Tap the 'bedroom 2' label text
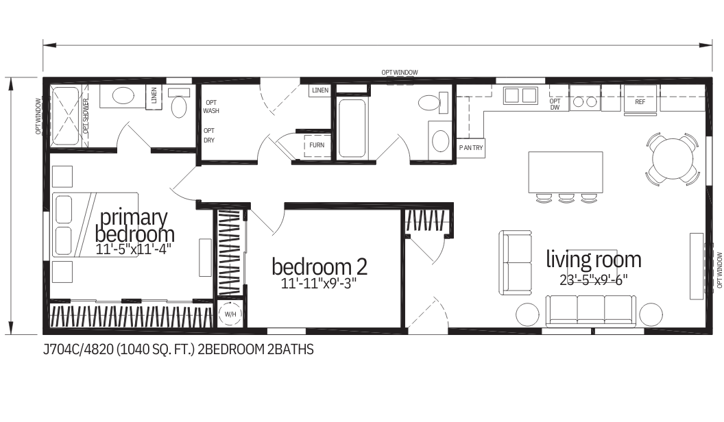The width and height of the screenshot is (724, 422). click(x=319, y=266)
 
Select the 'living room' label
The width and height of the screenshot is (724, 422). click(x=593, y=260)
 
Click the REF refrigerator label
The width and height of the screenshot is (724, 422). click(x=640, y=102)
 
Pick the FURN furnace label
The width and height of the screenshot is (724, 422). click(x=317, y=145)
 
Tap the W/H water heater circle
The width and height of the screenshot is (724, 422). click(x=229, y=314)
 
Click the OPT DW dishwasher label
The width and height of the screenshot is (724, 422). click(x=555, y=103)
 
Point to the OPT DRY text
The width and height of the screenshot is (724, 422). click(x=210, y=135)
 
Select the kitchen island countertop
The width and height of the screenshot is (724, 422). click(x=565, y=172)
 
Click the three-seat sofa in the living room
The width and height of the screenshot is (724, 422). click(x=590, y=310)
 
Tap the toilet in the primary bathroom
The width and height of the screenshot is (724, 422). click(x=179, y=105)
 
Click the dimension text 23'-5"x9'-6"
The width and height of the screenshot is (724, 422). click(x=593, y=279)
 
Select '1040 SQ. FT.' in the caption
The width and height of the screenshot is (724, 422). click(x=156, y=350)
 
